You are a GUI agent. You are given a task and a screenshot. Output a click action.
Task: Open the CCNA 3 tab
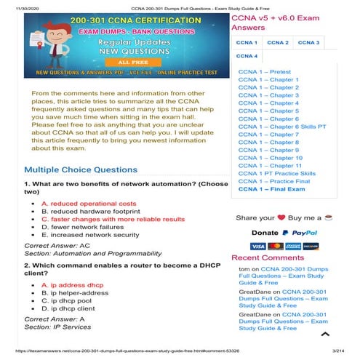(308, 42)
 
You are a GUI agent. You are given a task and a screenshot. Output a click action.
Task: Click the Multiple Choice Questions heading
(80, 169)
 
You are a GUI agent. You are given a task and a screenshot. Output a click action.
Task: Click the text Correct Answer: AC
(57, 246)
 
